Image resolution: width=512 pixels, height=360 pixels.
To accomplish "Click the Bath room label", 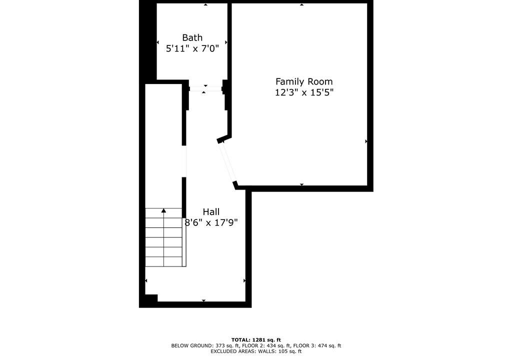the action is click(x=192, y=37).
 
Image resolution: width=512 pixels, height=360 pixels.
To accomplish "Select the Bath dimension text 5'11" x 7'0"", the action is click(x=192, y=48).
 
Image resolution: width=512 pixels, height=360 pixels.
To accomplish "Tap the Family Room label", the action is click(x=304, y=81).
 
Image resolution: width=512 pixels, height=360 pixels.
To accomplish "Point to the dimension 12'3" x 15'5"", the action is click(x=304, y=92).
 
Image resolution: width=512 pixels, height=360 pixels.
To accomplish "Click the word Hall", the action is click(x=211, y=211).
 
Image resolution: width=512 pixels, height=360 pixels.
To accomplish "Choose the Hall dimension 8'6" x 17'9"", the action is click(x=211, y=223).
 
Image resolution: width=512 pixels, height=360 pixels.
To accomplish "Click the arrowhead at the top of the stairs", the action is click(x=163, y=210).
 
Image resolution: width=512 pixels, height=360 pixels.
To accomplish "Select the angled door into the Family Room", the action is click(x=227, y=162).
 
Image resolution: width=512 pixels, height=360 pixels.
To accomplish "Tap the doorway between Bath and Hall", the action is click(x=205, y=88).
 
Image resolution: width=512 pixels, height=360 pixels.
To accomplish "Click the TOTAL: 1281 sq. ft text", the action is click(x=256, y=340).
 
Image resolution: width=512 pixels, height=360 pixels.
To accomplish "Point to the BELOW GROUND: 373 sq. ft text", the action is click(x=205, y=345).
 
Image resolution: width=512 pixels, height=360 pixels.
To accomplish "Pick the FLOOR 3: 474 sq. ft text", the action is click(x=317, y=345).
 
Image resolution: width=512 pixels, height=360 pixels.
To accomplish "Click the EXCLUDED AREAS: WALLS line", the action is click(x=256, y=351).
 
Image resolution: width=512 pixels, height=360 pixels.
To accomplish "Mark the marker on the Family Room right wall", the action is click(x=366, y=141).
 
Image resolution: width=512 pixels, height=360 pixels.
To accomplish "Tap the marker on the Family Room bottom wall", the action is click(x=301, y=184).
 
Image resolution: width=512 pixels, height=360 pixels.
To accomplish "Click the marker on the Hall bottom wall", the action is click(x=204, y=300).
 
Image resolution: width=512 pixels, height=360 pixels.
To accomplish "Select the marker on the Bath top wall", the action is click(x=205, y=4).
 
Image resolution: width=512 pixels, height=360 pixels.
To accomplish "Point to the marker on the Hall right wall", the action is click(x=244, y=280).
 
